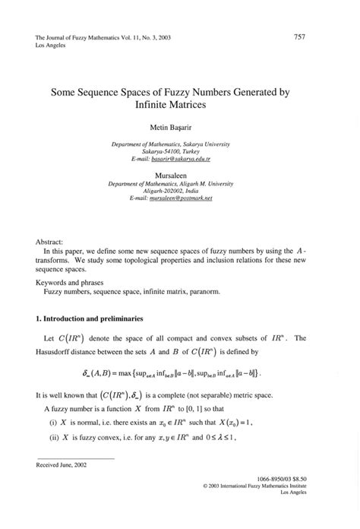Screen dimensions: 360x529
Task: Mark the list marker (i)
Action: [x=53, y=423]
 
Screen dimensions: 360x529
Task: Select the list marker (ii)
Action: [x=54, y=439]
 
